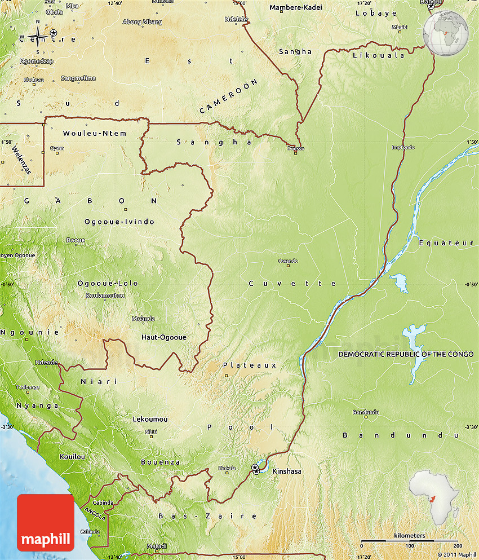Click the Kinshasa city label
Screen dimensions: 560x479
click(x=286, y=471)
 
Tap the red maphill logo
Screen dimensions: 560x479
click(x=45, y=522)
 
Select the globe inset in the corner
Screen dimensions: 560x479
click(x=446, y=31)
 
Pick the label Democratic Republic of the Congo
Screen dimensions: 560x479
click(x=406, y=354)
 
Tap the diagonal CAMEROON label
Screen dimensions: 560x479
click(x=229, y=96)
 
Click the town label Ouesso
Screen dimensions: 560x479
click(x=295, y=148)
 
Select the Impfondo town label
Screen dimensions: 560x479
click(x=403, y=147)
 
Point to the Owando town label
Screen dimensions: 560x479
click(x=287, y=261)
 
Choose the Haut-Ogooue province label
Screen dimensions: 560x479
click(x=163, y=337)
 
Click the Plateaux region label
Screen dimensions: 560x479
click(x=250, y=365)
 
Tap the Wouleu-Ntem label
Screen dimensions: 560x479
click(x=95, y=133)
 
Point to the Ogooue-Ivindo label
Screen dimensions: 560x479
click(x=119, y=222)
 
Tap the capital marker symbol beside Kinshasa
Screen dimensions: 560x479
click(x=256, y=468)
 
